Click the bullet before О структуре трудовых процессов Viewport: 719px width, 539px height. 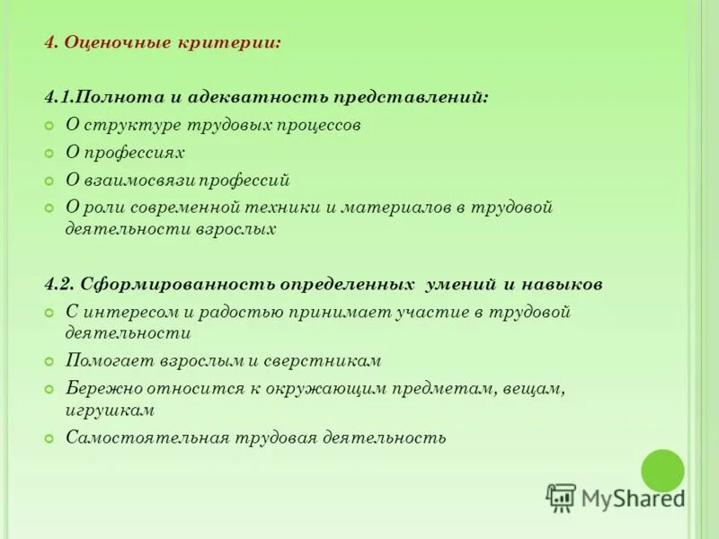pyautogui.click(x=50, y=125)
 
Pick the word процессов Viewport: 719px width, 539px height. pyautogui.click(x=320, y=125)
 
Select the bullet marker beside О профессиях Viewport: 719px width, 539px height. pyautogui.click(x=50, y=153)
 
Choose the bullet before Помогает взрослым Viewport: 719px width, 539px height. pyautogui.click(x=50, y=361)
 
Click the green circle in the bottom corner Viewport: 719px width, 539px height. pyautogui.click(x=662, y=471)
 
